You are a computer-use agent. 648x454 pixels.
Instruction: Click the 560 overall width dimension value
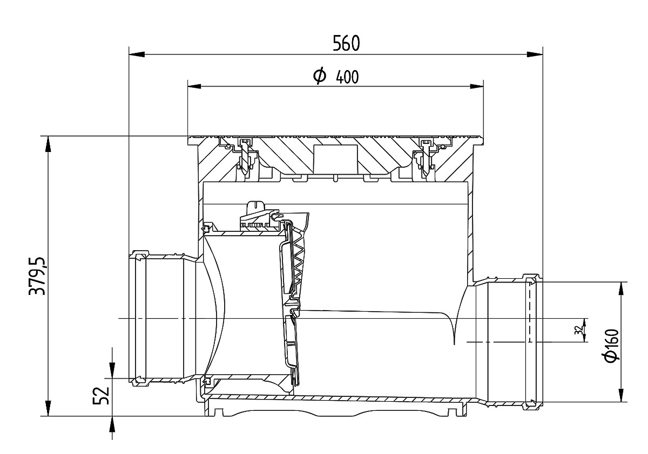coord(346,43)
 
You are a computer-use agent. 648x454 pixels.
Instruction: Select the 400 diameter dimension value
coord(347,77)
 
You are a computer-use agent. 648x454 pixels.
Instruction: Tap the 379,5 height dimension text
coord(38,276)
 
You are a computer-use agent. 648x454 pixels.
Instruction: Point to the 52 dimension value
coord(101,396)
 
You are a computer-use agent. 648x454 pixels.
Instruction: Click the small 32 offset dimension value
coord(578,330)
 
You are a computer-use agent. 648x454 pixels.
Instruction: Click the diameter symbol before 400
coord(320,75)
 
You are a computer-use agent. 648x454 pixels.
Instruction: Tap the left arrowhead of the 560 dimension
coord(137,54)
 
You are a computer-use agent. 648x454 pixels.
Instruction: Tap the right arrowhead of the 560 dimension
coord(535,54)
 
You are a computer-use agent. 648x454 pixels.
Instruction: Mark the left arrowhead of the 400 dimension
coord(194,86)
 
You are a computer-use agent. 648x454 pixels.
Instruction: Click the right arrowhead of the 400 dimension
coord(476,86)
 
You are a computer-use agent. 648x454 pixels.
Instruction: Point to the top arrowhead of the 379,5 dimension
coord(48,144)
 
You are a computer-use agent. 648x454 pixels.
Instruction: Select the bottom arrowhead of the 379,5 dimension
coord(48,408)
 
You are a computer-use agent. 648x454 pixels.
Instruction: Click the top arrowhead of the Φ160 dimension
coord(621,290)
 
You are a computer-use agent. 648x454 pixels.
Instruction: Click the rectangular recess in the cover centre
coord(335,159)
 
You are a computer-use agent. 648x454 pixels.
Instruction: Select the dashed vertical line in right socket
coord(529,312)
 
